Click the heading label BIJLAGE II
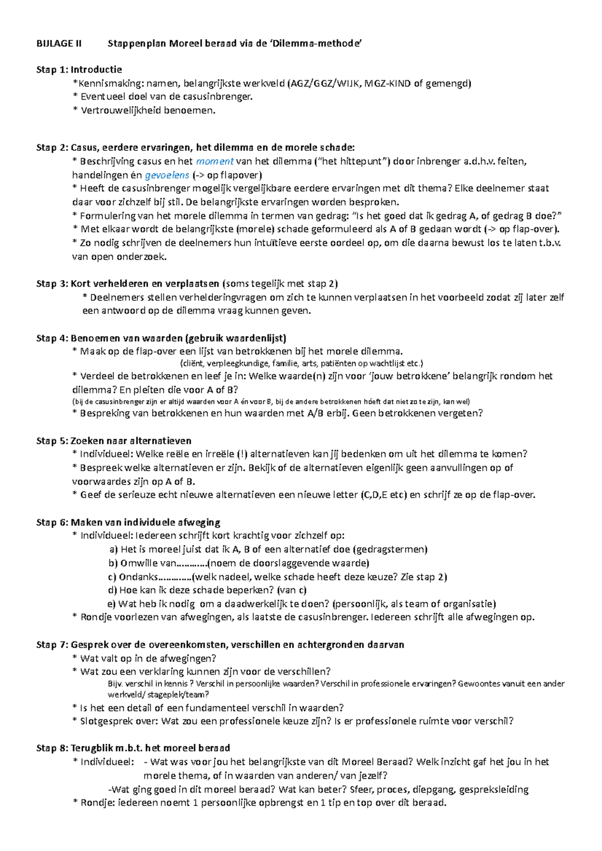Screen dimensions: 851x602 59,44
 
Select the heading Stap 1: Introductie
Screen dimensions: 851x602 79,70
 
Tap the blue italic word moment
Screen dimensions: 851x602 215,161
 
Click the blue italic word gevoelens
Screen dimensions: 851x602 167,175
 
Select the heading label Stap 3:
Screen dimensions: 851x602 52,284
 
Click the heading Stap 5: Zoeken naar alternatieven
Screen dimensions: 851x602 113,441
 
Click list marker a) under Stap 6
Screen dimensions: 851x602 113,549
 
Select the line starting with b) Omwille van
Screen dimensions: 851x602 239,563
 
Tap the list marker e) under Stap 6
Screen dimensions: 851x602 111,604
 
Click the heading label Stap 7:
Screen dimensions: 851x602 52,645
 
